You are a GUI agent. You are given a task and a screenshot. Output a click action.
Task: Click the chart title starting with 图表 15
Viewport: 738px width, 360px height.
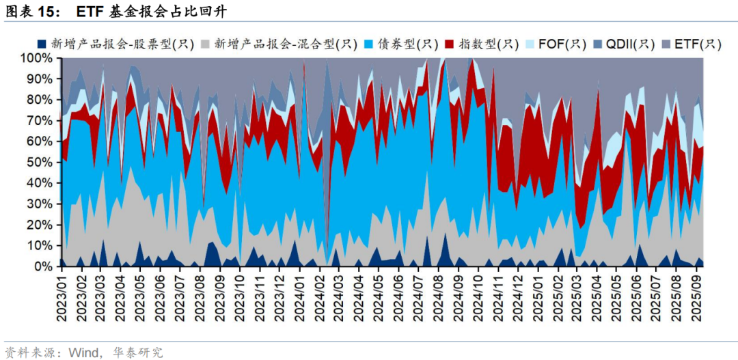[x=116, y=12]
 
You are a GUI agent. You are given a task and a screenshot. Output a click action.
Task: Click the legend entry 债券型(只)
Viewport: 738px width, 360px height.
[x=408, y=44]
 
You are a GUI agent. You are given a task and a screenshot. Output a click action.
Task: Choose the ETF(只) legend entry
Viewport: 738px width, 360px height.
[x=697, y=44]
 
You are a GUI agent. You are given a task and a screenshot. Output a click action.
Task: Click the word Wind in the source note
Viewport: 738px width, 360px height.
[x=83, y=352]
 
